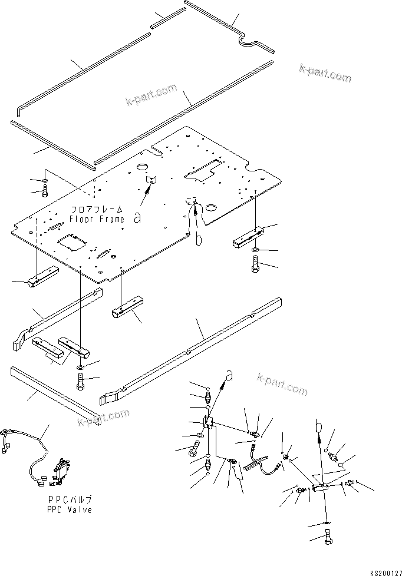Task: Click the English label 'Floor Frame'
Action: (x=97, y=219)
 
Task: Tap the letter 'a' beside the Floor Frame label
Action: (x=137, y=217)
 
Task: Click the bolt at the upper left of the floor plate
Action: (x=45, y=191)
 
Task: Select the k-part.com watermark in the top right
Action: (x=325, y=74)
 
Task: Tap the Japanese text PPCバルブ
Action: (x=63, y=500)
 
